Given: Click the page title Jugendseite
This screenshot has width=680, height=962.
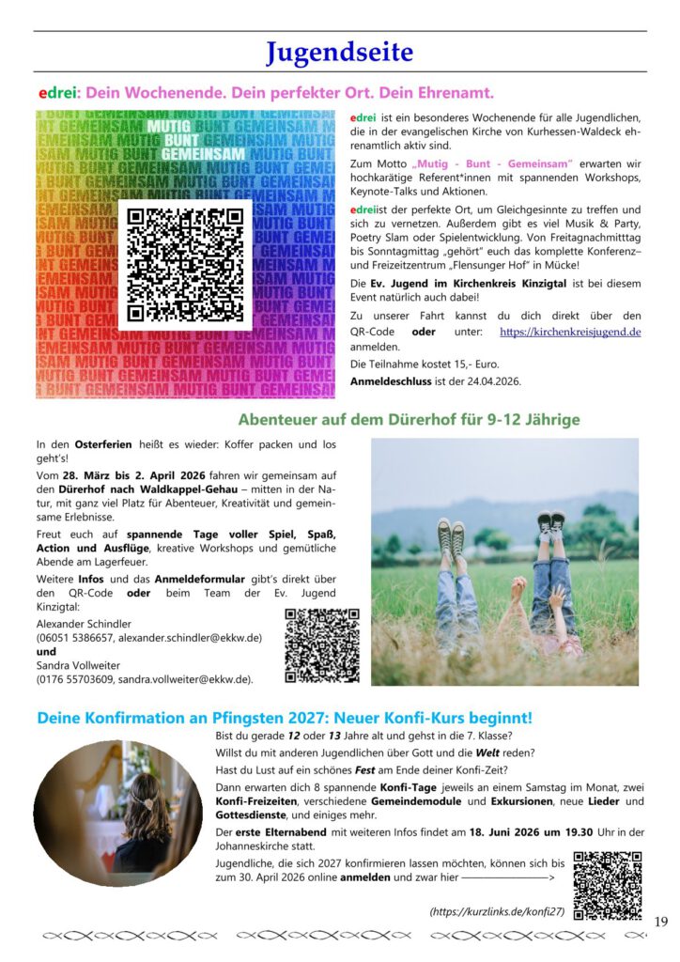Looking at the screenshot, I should [x=339, y=52].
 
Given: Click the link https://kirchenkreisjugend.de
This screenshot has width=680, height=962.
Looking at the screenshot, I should [x=570, y=332].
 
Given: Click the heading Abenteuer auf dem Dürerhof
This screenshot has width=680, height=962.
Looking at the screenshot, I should [x=409, y=420].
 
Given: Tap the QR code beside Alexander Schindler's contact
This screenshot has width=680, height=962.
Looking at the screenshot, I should [x=321, y=644].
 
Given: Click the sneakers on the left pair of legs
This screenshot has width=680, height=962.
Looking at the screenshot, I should [x=450, y=536].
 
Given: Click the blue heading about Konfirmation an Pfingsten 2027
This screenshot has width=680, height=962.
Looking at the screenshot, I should [x=285, y=718].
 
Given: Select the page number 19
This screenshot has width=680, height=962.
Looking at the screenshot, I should [x=660, y=922].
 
